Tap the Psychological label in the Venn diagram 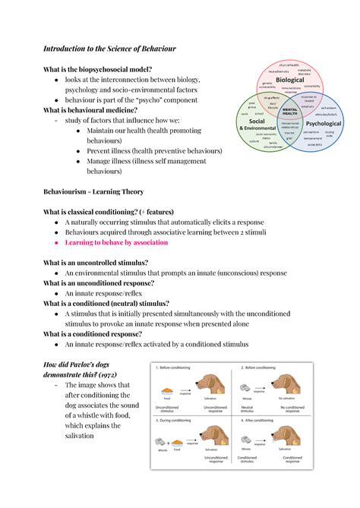[323, 123]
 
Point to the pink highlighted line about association [116, 242]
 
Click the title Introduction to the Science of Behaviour [109, 49]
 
